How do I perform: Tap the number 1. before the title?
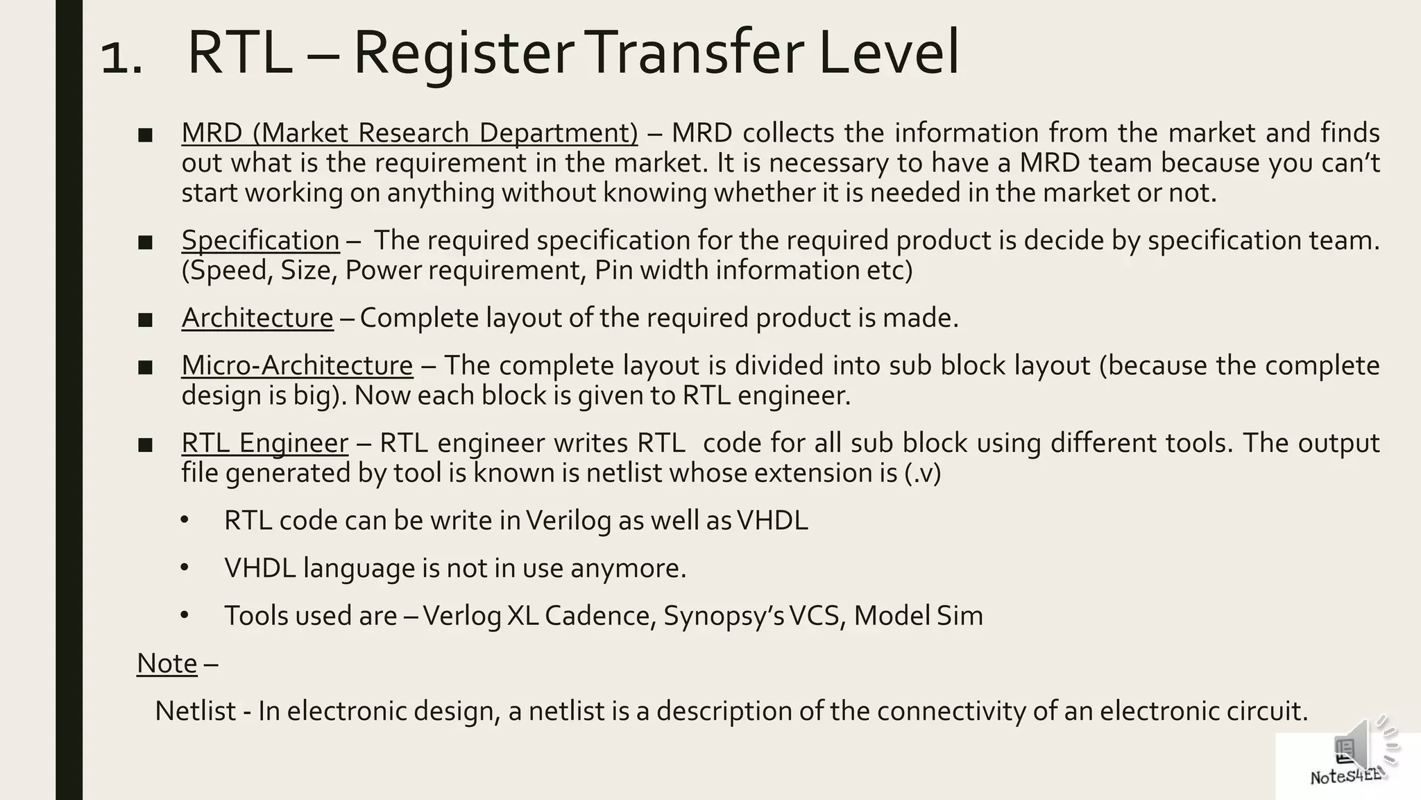(122, 57)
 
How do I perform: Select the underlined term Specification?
(260, 240)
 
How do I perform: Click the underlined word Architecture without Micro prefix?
(257, 318)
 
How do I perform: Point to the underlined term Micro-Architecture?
(297, 365)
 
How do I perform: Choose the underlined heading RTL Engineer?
(264, 443)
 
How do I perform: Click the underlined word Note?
(167, 663)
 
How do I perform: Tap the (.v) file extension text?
(923, 474)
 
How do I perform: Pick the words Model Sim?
(918, 616)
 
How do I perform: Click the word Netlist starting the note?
(195, 711)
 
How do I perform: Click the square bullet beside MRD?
(145, 135)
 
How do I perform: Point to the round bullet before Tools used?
(184, 615)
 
